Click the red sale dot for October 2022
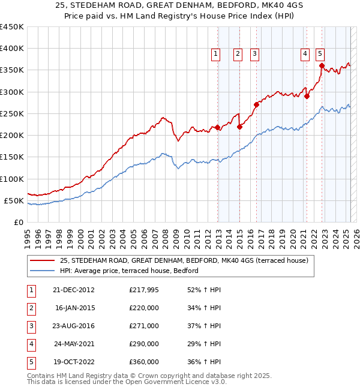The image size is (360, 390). coord(322,66)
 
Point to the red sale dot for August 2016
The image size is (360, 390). coord(256,104)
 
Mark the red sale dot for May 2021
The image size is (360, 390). coord(307,96)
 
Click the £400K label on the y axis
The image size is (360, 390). coord(12,49)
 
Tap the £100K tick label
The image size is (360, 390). coord(12,179)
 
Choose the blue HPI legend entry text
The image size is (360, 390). coord(128,271)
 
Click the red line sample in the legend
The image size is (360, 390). coord(42,260)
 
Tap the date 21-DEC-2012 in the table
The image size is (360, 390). coord(73,290)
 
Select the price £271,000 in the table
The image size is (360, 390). coord(144,326)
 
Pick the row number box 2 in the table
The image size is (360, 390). coord(30,308)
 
